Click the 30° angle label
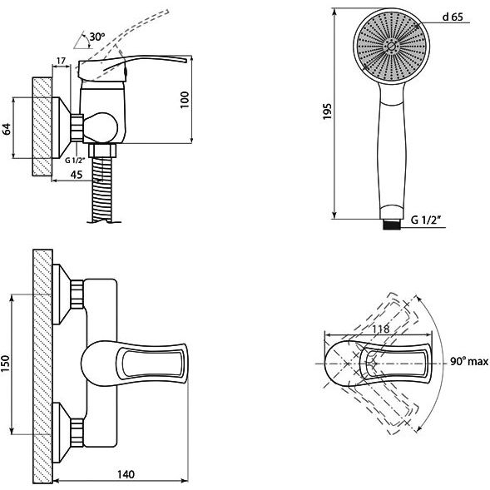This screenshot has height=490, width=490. [97, 37]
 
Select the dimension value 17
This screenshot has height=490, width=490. [62, 61]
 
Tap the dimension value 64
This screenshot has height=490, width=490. [7, 129]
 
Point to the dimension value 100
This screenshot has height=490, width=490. [185, 100]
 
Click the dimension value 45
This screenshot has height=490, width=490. [77, 175]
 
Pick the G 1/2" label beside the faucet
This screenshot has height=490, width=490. [75, 161]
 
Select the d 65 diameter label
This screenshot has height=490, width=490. [453, 17]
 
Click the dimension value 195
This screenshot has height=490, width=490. [327, 111]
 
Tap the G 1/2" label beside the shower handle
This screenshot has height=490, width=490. [426, 220]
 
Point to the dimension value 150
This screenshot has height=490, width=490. [5, 364]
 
